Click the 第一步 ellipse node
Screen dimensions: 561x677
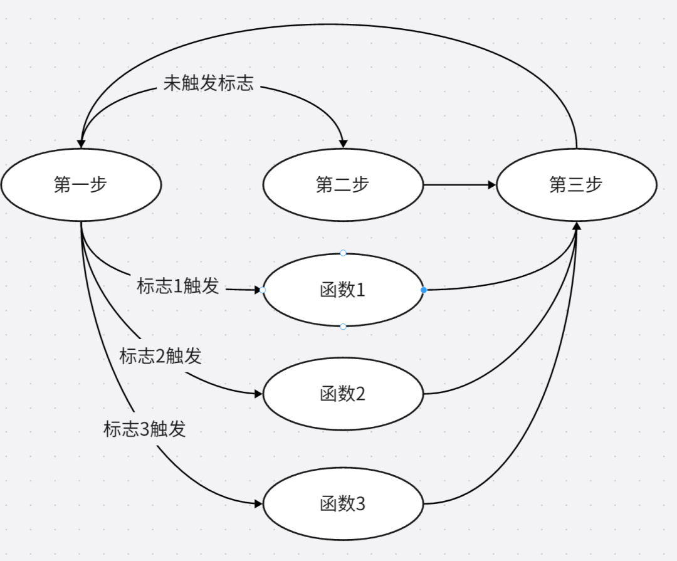click(81, 185)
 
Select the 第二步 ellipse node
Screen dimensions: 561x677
click(343, 185)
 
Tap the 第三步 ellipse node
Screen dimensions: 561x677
click(576, 185)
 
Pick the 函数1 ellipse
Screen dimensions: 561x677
click(343, 290)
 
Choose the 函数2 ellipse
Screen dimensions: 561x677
click(343, 394)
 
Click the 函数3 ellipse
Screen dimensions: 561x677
click(343, 504)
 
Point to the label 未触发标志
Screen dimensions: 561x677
click(209, 84)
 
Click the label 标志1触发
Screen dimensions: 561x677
click(178, 286)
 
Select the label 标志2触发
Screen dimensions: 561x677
click(160, 356)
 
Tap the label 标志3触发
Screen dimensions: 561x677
click(145, 429)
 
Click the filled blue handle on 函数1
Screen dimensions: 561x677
click(424, 290)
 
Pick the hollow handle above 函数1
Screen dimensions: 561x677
click(343, 253)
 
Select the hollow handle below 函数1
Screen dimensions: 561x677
click(343, 327)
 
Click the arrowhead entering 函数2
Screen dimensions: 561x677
click(259, 394)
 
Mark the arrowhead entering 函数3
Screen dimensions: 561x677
click(259, 503)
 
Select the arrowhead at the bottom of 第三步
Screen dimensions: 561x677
click(577, 226)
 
